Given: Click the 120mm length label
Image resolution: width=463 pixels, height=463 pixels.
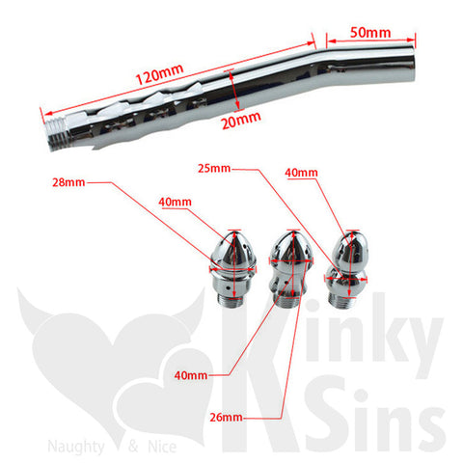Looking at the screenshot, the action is (159, 74).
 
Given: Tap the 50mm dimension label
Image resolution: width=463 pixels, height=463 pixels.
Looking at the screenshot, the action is (370, 33).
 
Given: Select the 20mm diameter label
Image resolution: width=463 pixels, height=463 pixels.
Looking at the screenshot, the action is (241, 120).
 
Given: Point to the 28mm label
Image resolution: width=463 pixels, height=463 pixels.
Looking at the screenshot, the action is (68, 182).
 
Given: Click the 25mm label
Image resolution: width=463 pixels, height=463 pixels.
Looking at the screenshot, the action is (214, 168).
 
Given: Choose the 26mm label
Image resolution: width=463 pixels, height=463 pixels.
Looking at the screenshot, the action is (226, 417).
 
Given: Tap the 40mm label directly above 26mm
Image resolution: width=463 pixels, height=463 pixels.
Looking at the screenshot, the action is (191, 375).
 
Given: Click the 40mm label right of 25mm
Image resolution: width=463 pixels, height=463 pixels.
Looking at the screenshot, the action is (301, 173).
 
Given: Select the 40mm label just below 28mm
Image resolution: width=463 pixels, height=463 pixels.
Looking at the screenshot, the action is (175, 202).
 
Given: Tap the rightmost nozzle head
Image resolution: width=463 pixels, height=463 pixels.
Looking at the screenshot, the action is (346, 269).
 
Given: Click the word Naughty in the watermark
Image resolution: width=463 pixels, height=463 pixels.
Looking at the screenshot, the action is (76, 448).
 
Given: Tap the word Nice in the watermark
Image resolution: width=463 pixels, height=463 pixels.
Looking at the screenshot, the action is (162, 447).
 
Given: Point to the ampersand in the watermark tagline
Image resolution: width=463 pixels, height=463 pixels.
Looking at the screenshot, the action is (133, 447).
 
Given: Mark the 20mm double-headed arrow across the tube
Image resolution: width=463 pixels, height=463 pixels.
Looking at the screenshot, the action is (234, 90).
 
